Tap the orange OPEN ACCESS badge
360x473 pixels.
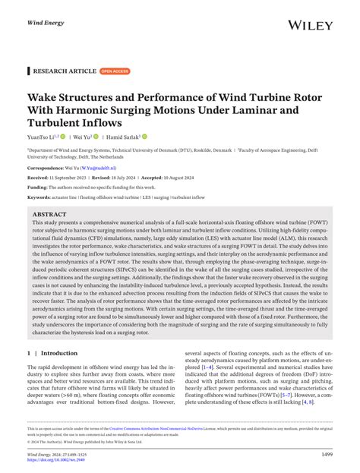(115, 71)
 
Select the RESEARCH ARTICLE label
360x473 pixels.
(64, 71)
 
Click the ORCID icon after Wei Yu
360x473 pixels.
(97, 137)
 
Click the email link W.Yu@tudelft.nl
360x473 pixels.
(99, 167)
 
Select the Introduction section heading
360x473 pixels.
(58, 353)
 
